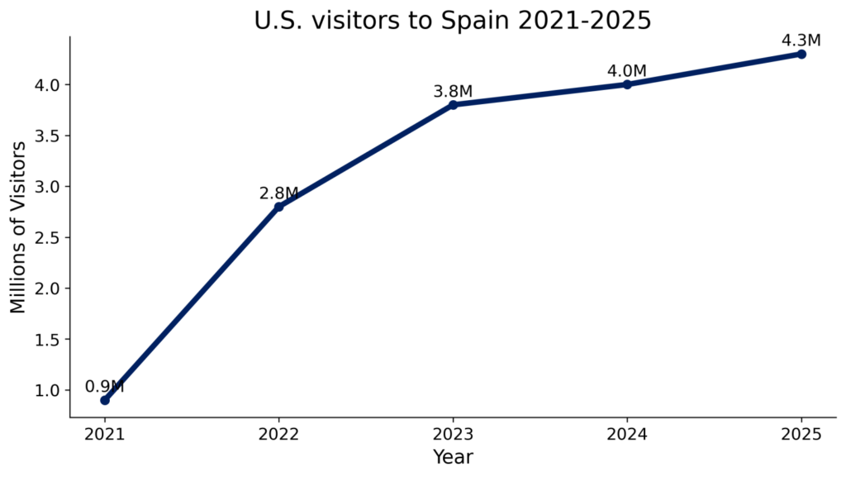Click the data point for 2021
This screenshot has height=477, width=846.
[104, 400]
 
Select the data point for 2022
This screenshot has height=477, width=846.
[278, 207]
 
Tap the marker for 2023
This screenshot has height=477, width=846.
[453, 105]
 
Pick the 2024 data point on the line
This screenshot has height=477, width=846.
[627, 84]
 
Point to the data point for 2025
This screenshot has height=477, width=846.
[801, 54]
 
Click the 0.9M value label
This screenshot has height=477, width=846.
[104, 387]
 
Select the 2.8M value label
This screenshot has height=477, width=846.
[278, 193]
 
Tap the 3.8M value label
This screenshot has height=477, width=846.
[453, 92]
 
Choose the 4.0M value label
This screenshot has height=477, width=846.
[627, 71]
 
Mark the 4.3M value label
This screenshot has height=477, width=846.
[801, 41]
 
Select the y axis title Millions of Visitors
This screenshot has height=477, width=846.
[18, 227]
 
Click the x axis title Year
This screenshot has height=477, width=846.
[453, 456]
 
